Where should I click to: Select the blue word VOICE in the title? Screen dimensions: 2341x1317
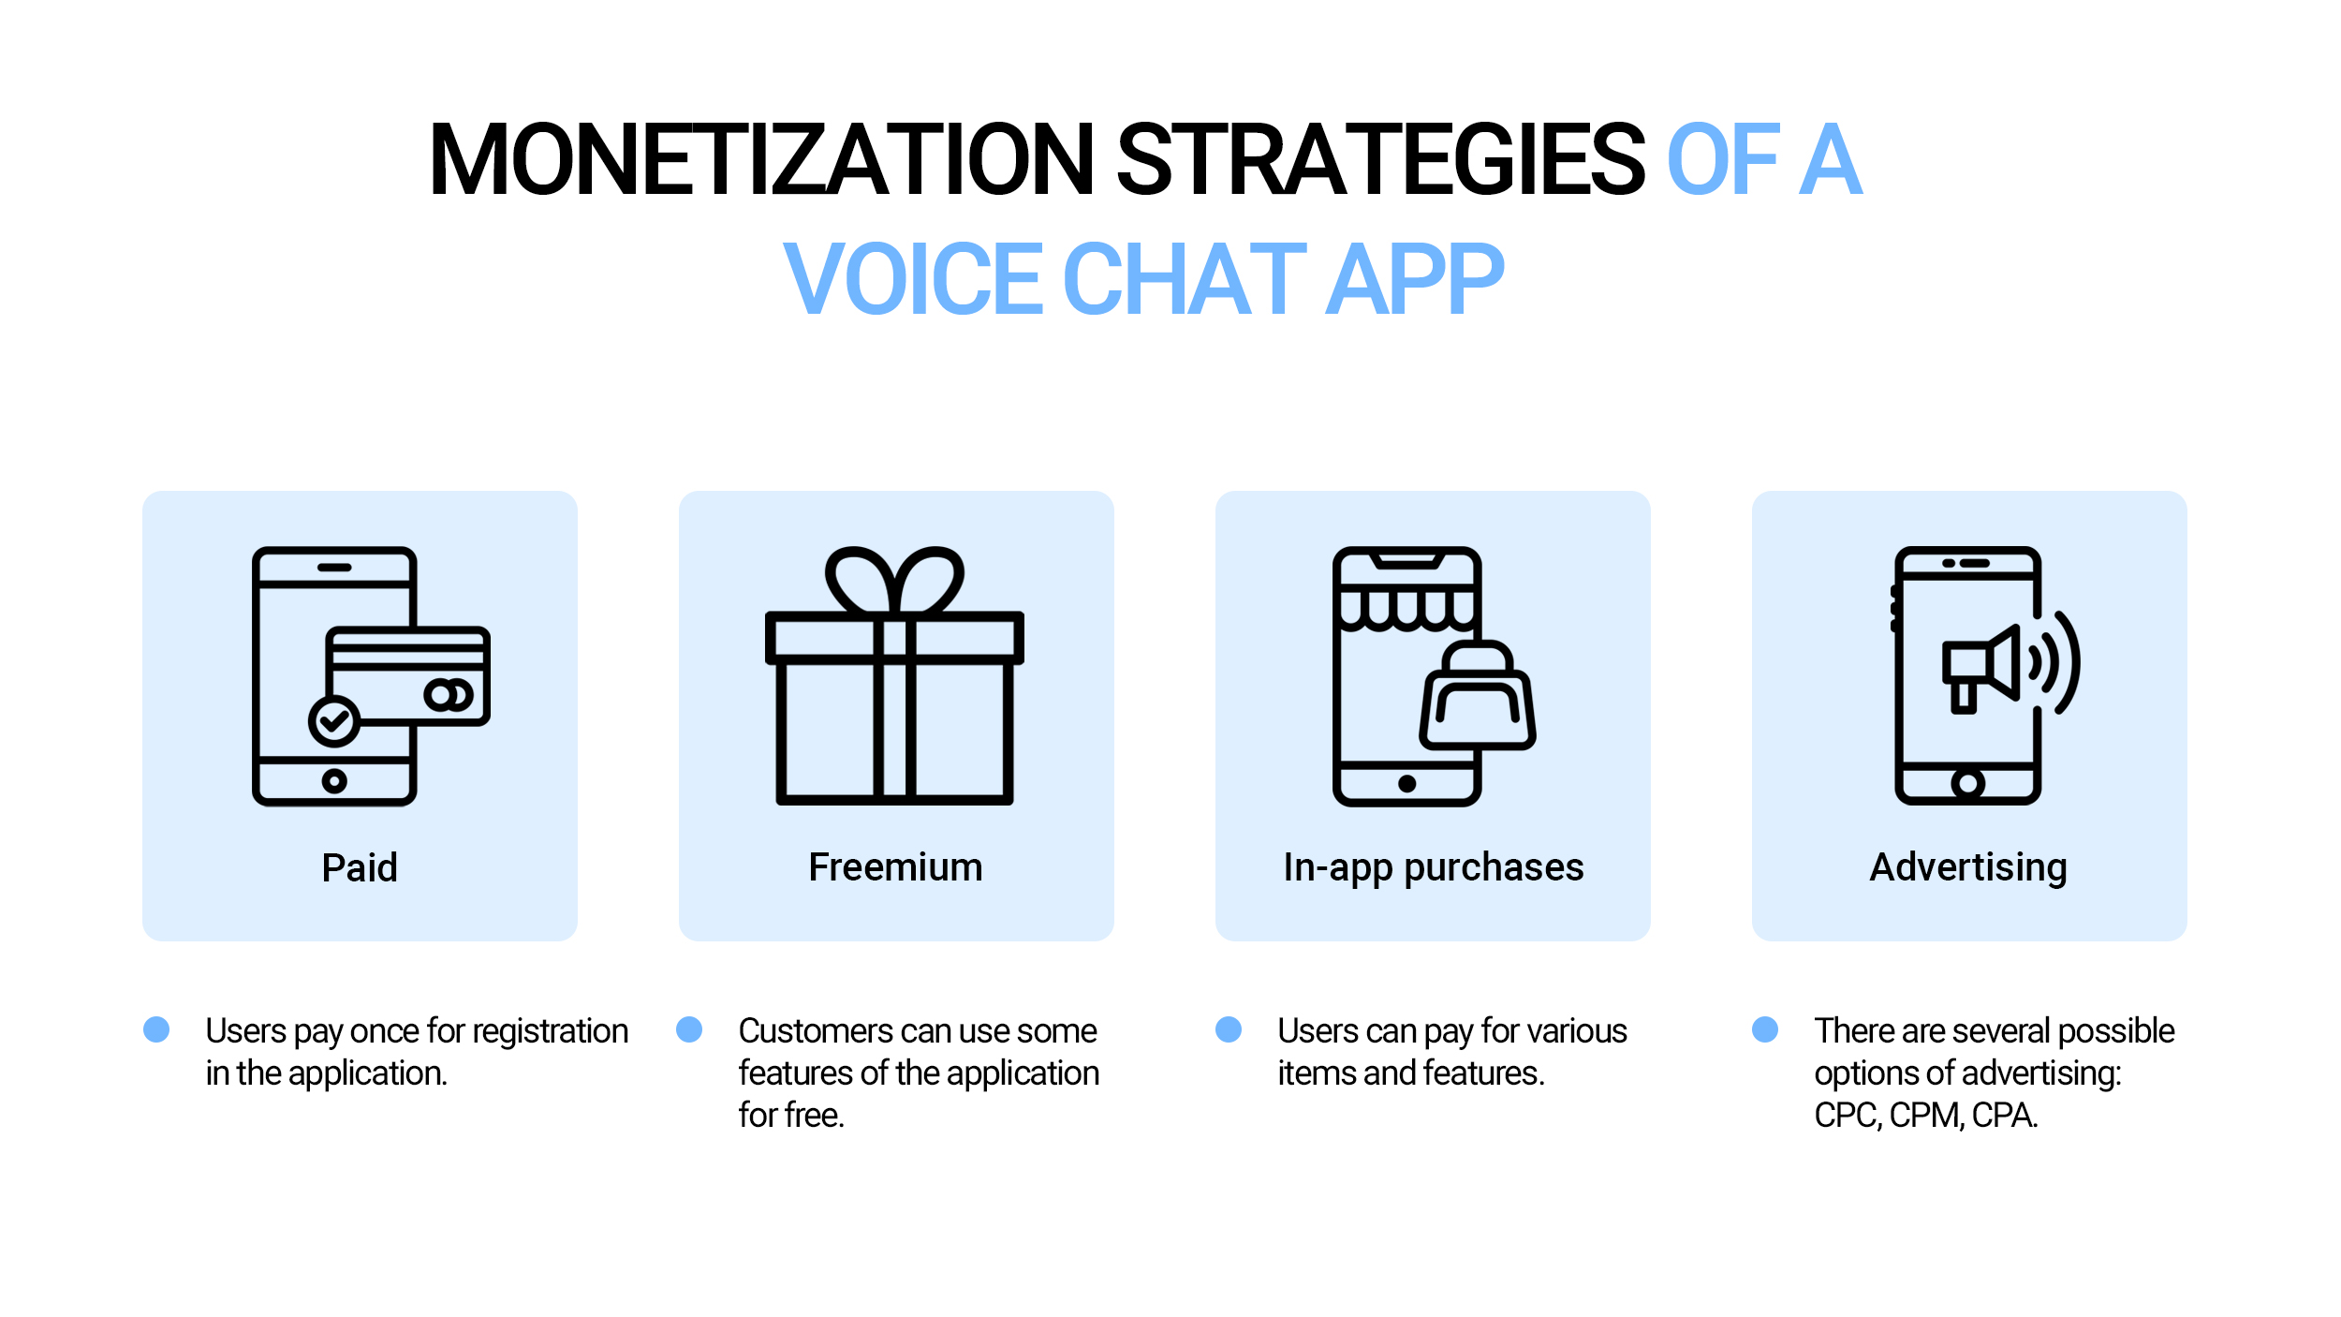(x=913, y=278)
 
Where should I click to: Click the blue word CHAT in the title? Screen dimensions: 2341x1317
(x=1185, y=278)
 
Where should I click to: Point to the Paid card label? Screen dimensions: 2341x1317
(x=360, y=867)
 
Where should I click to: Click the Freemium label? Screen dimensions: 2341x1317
(x=895, y=867)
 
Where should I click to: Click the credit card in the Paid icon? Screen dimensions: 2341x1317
(x=408, y=675)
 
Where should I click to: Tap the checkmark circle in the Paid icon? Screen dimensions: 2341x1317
(x=334, y=721)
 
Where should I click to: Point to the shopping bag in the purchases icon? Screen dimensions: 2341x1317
(x=1478, y=695)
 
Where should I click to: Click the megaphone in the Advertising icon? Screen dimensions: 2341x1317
(x=1980, y=669)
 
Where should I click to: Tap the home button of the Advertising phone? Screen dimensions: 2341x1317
(x=1968, y=783)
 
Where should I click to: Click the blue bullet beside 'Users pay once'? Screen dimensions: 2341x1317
(x=156, y=1029)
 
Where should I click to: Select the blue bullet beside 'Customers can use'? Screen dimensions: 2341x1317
(x=689, y=1029)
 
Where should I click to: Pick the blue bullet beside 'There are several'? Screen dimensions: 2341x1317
(x=1765, y=1029)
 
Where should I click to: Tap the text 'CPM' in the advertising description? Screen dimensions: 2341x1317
(x=1926, y=1116)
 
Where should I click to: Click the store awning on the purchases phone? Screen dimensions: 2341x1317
(x=1407, y=607)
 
